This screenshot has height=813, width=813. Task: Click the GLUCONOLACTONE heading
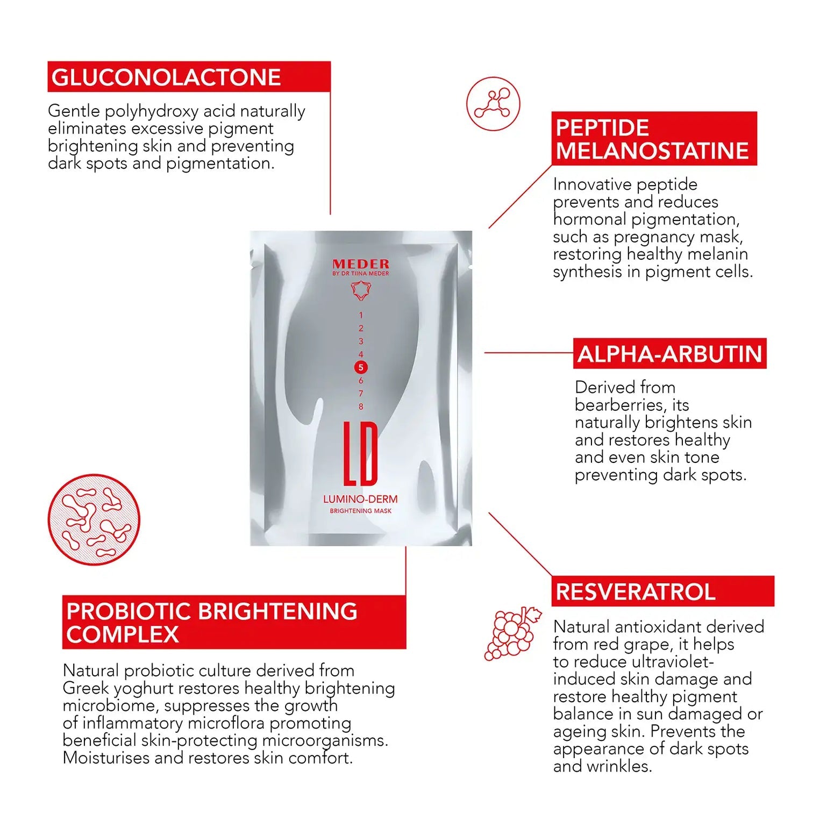pos(166,77)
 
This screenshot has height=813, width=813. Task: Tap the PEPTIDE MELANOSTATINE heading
pos(652,139)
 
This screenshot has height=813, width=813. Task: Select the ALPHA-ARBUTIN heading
pos(669,354)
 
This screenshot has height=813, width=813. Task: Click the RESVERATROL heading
pos(636,592)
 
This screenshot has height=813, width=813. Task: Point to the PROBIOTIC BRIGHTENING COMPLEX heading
pos(211,623)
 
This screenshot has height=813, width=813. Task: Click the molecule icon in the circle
pos(493,104)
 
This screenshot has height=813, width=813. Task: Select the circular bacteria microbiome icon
pos(94,519)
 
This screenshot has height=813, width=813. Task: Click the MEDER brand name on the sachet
pos(361,264)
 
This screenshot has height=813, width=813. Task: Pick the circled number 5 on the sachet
pos(361,367)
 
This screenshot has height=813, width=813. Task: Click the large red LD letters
pos(361,454)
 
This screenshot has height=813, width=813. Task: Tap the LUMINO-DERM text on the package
pos(360,500)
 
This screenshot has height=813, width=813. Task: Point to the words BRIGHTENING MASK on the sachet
pos(360,511)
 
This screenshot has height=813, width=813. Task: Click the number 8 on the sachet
pos(361,406)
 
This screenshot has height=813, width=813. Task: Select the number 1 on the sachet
pos(361,315)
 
